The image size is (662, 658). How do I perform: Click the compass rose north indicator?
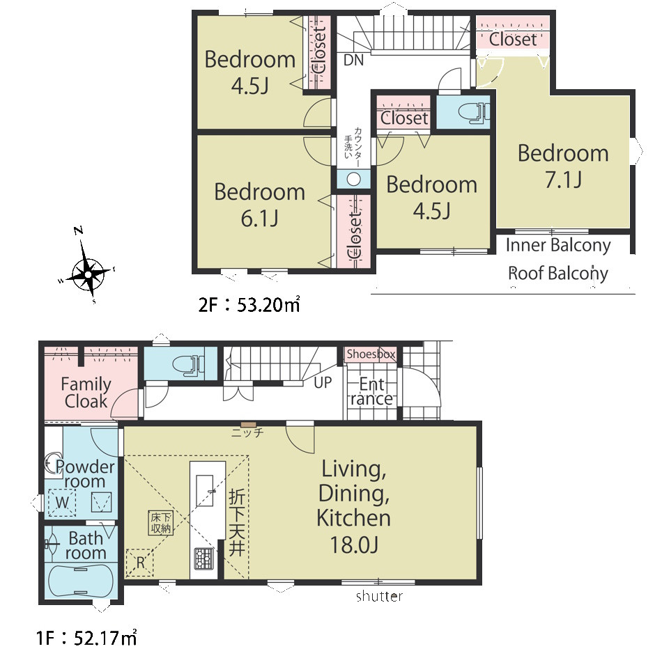pos(78,230)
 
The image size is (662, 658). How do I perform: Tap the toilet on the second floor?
pos(474,112)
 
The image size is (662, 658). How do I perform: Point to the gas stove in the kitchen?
pos(204,558)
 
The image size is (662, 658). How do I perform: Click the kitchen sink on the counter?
pos(205,491)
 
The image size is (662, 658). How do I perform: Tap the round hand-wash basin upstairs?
pos(353,179)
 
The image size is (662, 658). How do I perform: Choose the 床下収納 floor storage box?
pos(160,523)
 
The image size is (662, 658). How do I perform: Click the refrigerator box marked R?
pos(140,562)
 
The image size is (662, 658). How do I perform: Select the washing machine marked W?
pos(61,502)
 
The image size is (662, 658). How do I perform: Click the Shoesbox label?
pos(371,354)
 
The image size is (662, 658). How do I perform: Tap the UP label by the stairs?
pos(323,382)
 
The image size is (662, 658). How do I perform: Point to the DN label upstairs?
pos(353,61)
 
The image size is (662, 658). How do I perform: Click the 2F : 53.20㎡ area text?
pos(249,304)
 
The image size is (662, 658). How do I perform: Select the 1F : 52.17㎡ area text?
pos(86,637)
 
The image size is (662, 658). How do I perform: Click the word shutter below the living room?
pos(379,596)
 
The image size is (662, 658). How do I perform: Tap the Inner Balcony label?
pos(558,245)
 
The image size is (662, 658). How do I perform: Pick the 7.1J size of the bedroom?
pos(563,180)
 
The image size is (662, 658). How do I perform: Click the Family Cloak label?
pos(86,392)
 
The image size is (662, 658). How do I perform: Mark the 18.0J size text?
pos(354,545)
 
